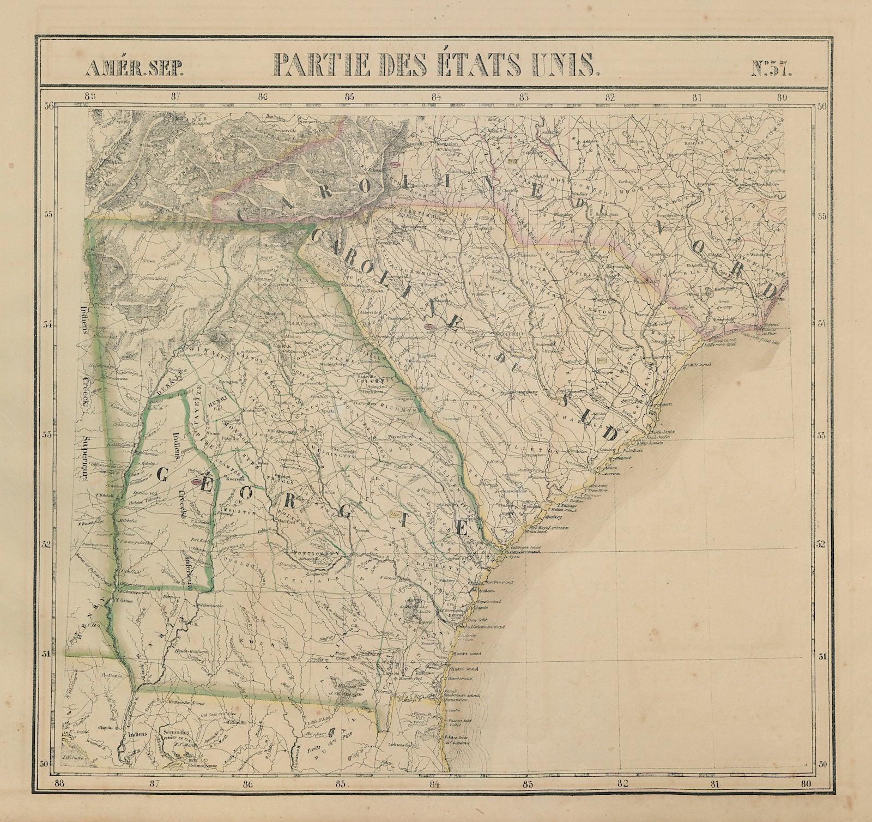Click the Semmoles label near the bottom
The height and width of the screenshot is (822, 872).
click(x=177, y=733)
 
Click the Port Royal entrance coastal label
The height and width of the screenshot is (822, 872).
click(x=547, y=528)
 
